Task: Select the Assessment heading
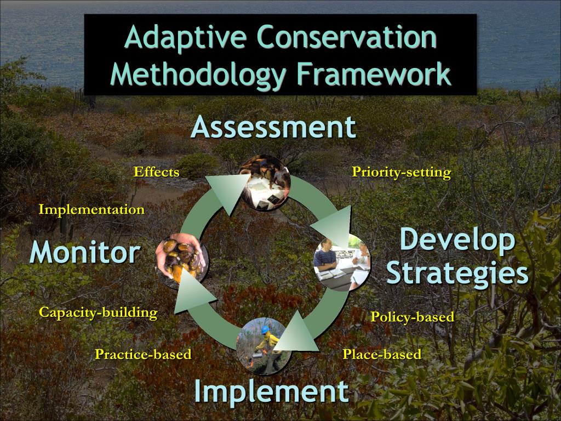(273, 127)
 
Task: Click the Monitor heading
(85, 253)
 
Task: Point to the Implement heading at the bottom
(271, 391)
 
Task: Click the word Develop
(457, 241)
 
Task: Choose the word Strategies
(457, 272)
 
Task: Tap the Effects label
(157, 172)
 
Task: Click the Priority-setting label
(401, 172)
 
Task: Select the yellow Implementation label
(91, 209)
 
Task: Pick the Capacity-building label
(98, 312)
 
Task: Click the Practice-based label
(143, 354)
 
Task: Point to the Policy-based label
(412, 317)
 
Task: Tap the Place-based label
(382, 354)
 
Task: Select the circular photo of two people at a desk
(342, 263)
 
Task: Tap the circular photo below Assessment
(265, 183)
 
